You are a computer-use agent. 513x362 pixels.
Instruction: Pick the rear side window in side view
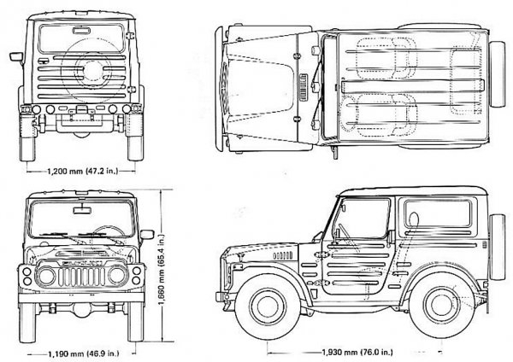pos(436,213)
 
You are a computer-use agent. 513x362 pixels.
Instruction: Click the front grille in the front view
pos(82,277)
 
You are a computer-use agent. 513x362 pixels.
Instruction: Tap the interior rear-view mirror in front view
pos(82,207)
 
